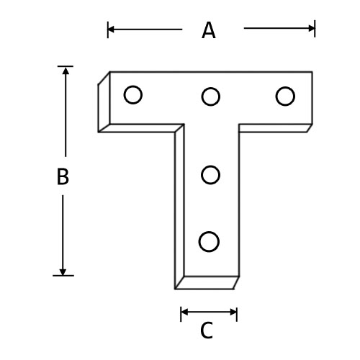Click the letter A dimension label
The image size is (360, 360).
pyautogui.click(x=209, y=30)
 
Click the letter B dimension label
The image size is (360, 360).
pyautogui.click(x=63, y=176)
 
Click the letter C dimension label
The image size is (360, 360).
pyautogui.click(x=207, y=330)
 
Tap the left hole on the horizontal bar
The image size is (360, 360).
pyautogui.click(x=133, y=95)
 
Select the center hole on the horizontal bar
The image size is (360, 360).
pyautogui.click(x=211, y=96)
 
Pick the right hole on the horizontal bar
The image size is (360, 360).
pyautogui.click(x=285, y=96)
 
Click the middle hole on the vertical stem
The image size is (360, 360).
pyautogui.click(x=210, y=175)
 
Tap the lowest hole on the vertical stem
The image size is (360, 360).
pyautogui.click(x=209, y=242)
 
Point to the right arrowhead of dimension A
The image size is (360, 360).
pyautogui.click(x=312, y=28)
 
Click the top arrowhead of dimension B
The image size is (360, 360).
pyautogui.click(x=66, y=71)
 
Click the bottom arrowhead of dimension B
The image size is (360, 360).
pyautogui.click(x=63, y=272)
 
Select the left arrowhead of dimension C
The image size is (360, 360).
pyautogui.click(x=184, y=312)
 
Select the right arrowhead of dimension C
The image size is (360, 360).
pyautogui.click(x=233, y=312)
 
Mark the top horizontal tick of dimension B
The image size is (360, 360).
pyautogui.click(x=66, y=66)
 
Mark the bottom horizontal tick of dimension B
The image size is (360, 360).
pyautogui.click(x=63, y=276)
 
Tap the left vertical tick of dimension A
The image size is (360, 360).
pyautogui.click(x=108, y=30)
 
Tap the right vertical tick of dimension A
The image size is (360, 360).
pyautogui.click(x=315, y=29)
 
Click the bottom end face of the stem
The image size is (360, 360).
pyautogui.click(x=207, y=283)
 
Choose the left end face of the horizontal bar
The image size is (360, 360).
pyautogui.click(x=104, y=102)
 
